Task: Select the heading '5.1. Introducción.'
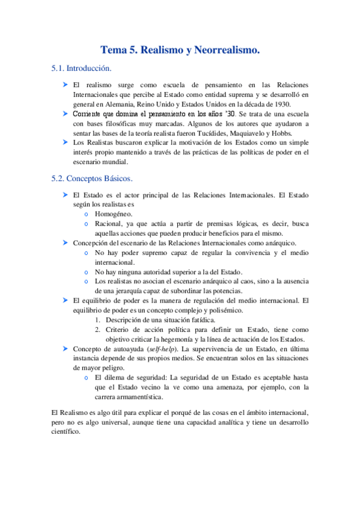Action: click(x=81, y=69)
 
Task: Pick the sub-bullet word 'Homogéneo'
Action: click(x=114, y=214)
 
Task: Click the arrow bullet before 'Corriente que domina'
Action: click(x=64, y=113)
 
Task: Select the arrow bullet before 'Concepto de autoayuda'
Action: click(x=64, y=348)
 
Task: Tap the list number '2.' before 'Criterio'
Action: click(x=98, y=329)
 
